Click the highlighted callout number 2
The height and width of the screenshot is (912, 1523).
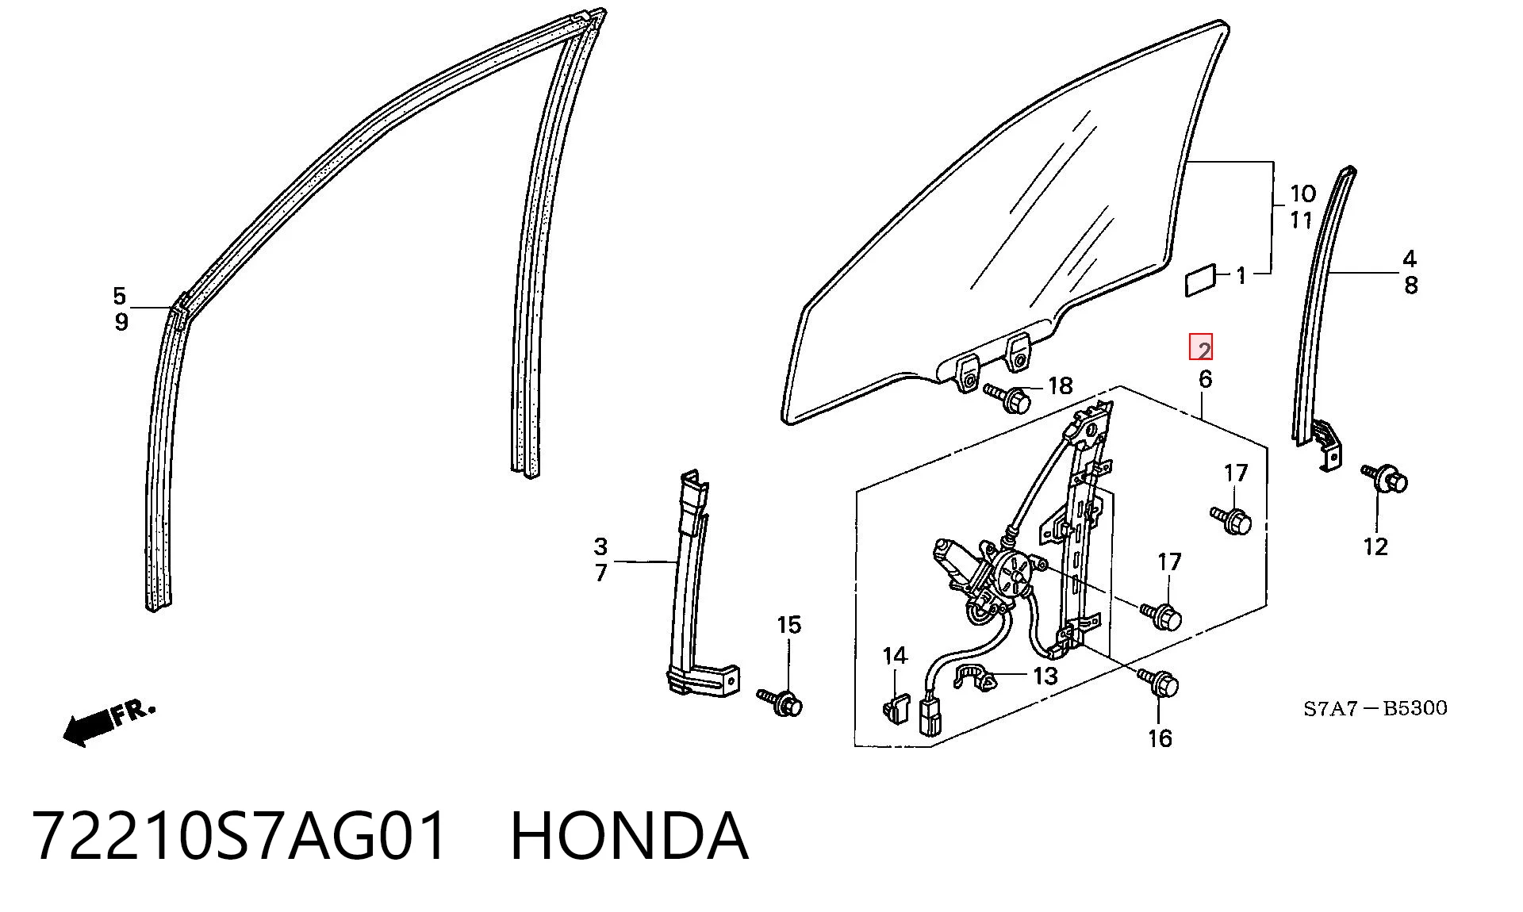click(x=1201, y=348)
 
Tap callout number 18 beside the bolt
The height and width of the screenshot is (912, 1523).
click(x=1060, y=386)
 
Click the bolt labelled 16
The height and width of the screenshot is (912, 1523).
click(x=1160, y=684)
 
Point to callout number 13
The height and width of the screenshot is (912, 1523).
click(x=1045, y=676)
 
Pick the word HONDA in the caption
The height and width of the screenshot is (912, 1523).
click(x=629, y=836)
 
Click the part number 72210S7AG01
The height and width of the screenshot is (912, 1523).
click(x=240, y=836)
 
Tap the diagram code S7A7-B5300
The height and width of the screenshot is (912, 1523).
click(x=1375, y=708)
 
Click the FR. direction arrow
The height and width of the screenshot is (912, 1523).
click(x=109, y=723)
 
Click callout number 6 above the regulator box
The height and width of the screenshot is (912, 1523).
click(x=1205, y=379)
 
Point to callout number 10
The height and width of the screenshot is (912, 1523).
click(x=1302, y=194)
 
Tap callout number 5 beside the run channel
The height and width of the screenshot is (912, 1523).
click(x=119, y=297)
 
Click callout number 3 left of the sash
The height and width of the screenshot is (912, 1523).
click(x=600, y=546)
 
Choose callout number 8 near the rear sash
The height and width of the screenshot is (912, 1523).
click(x=1410, y=285)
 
